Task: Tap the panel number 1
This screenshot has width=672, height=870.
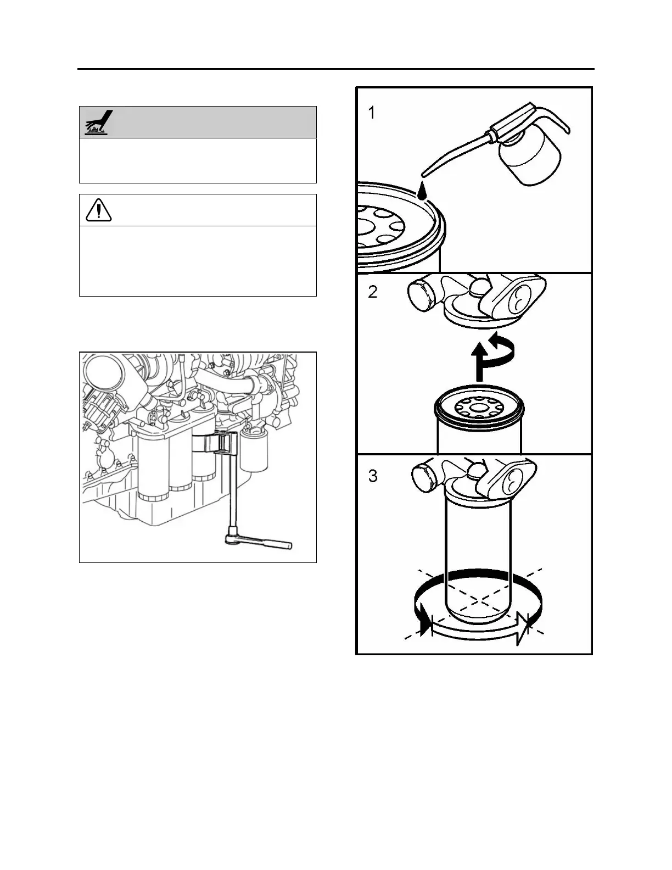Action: tap(372, 113)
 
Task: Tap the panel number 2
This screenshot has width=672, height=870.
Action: tap(373, 292)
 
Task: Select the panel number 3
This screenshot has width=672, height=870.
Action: tap(373, 476)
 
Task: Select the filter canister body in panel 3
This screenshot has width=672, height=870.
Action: tap(477, 555)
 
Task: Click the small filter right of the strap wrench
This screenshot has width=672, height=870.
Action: tap(253, 450)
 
